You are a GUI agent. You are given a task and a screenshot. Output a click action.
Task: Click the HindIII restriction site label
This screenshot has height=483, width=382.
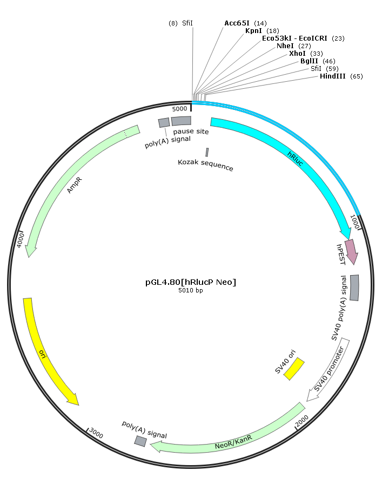(x=332, y=76)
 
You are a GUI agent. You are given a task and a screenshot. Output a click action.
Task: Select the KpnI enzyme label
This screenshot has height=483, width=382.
(x=253, y=30)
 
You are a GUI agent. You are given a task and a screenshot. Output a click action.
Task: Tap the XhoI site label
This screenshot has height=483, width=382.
(x=297, y=53)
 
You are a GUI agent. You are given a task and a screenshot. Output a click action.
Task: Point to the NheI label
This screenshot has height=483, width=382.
(x=285, y=45)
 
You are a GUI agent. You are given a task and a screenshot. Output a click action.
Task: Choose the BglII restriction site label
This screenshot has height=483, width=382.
(x=309, y=61)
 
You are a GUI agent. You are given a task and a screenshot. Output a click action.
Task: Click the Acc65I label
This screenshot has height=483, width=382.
(x=237, y=23)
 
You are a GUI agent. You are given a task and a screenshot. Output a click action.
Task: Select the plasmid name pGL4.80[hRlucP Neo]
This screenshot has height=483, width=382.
(x=191, y=282)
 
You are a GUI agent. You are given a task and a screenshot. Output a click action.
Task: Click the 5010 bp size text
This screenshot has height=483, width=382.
(x=191, y=290)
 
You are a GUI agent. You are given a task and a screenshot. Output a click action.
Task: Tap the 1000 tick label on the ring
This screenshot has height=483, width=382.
(x=354, y=222)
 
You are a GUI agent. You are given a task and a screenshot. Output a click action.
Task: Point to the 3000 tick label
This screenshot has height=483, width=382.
(x=96, y=434)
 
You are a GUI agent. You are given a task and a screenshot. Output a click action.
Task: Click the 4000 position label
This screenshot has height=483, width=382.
(x=20, y=240)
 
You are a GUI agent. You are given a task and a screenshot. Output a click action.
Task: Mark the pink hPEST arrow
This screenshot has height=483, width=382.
(x=352, y=252)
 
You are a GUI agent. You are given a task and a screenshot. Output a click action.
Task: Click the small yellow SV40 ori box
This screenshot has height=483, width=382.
(x=294, y=369)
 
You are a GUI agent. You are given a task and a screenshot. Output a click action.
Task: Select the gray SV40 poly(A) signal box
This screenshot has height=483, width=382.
(x=354, y=288)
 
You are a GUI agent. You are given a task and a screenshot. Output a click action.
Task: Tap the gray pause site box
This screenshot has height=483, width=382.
(x=182, y=121)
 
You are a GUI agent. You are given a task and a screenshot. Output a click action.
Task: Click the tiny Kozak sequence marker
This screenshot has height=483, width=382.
(x=207, y=152)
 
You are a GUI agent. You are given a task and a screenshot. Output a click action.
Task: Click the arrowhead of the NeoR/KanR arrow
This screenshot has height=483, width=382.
(x=156, y=446)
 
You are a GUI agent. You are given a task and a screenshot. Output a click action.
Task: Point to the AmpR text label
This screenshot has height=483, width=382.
(x=75, y=185)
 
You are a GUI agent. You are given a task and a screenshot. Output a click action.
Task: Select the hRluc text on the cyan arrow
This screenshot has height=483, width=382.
(x=296, y=159)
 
